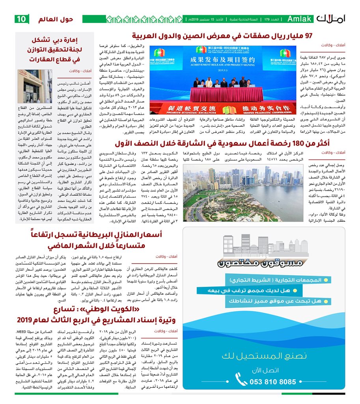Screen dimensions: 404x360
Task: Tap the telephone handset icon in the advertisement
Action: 241,380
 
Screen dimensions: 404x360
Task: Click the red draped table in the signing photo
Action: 224,94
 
